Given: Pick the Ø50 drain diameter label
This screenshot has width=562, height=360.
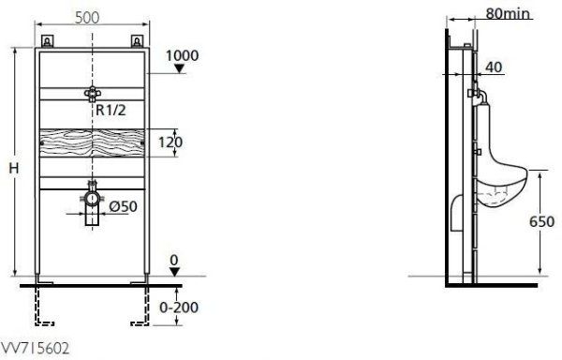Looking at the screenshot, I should click(x=125, y=204).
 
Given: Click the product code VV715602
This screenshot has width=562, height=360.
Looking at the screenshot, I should click(x=34, y=348).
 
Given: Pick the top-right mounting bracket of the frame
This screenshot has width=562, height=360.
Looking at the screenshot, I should click(x=138, y=40).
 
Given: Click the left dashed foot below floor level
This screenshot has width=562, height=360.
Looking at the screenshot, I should click(x=43, y=302).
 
